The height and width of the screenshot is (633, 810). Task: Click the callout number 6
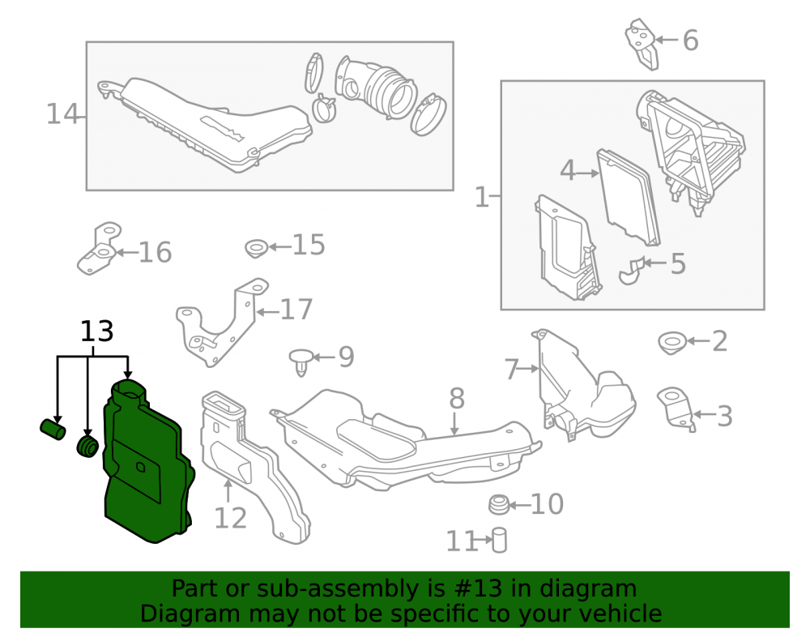tap(691, 41)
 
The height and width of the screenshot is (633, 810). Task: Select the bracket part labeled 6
tap(642, 44)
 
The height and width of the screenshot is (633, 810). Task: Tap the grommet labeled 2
tap(672, 343)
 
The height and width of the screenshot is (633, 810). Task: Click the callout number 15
tap(309, 245)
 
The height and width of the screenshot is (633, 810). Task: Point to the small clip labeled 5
tap(632, 270)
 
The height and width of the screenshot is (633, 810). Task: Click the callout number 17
tap(296, 309)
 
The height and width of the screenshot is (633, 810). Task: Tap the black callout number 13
tap(96, 331)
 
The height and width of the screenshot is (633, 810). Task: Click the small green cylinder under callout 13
tap(53, 430)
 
